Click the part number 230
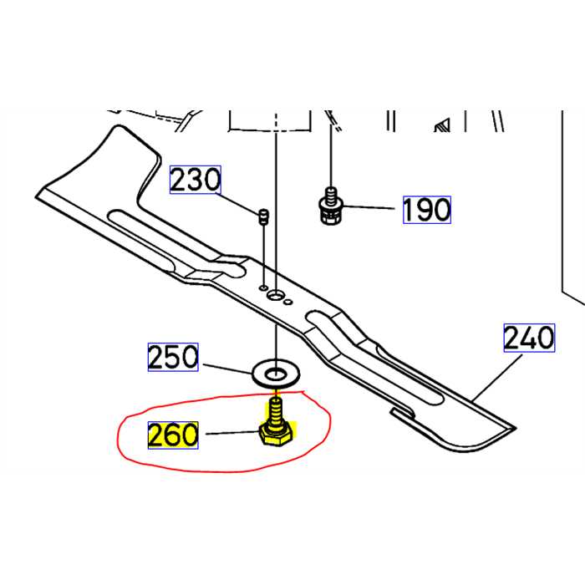coord(196,180)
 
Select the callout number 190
coord(427,209)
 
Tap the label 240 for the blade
coord(529,338)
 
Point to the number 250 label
coord(174,358)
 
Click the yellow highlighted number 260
coord(173,435)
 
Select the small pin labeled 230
coord(263,216)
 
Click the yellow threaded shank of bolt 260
coord(275,412)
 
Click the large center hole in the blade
coord(276,293)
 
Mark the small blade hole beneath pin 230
coord(263,287)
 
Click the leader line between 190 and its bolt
coord(372,208)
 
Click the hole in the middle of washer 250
coord(275,369)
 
